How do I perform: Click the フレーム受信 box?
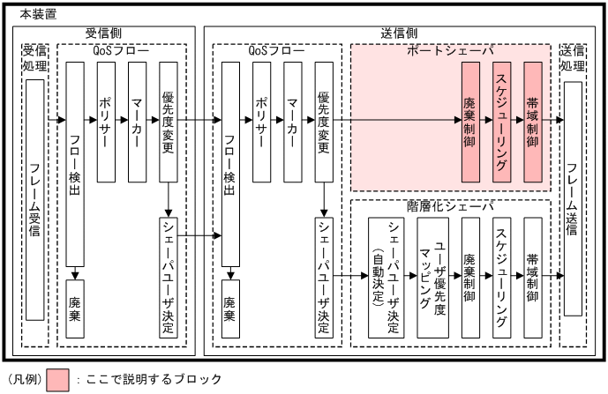(36, 200)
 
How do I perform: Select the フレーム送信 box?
(573, 198)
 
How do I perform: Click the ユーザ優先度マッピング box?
(432, 275)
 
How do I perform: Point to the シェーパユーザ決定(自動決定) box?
(385, 275)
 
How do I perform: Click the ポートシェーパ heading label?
(450, 51)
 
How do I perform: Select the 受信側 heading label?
(103, 33)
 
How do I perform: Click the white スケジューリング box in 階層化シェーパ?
(500, 275)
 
